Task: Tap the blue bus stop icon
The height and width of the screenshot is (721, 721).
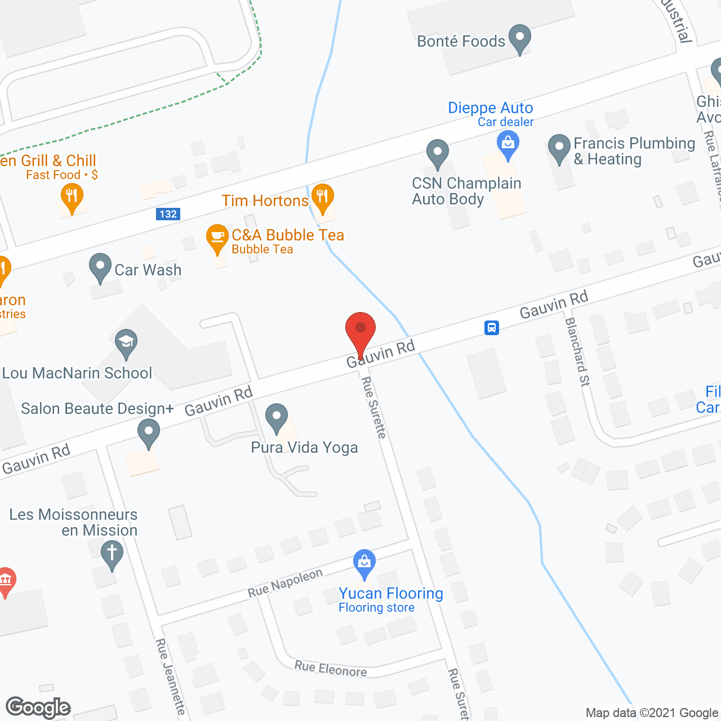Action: tap(492, 327)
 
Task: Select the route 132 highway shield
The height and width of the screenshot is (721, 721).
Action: tap(168, 214)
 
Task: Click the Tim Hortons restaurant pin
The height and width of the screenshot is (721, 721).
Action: tap(323, 198)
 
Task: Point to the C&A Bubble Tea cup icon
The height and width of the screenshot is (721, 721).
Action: tap(217, 238)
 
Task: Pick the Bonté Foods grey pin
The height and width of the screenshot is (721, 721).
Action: tap(520, 38)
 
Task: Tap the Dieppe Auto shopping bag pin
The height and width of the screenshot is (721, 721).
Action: tap(508, 144)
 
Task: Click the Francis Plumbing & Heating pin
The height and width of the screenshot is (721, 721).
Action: tap(559, 149)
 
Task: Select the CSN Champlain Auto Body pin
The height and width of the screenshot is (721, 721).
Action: tap(438, 153)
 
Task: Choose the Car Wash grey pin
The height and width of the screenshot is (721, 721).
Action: tap(100, 268)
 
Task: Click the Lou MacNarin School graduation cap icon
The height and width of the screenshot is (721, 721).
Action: tap(126, 342)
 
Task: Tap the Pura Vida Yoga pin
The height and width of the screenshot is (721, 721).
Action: tap(277, 419)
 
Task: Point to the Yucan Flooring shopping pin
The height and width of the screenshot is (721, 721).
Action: tap(364, 563)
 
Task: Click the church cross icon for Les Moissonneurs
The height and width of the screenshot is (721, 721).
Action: tap(112, 554)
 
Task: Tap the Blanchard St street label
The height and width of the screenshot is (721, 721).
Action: tap(577, 352)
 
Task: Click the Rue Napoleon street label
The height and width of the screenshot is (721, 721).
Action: tap(285, 583)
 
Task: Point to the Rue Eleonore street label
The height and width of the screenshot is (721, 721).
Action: tap(331, 669)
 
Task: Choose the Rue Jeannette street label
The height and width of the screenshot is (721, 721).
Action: tap(170, 677)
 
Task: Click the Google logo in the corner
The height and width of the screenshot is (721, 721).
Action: tap(38, 707)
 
